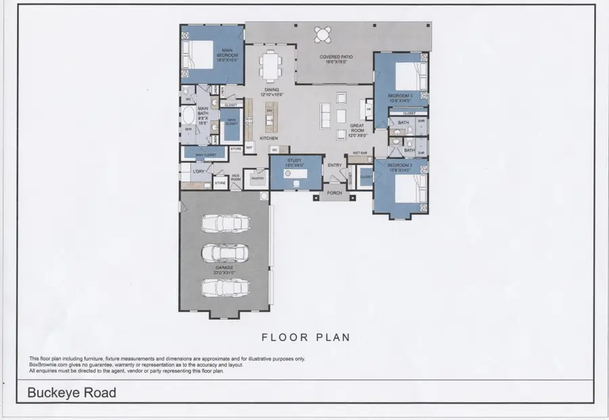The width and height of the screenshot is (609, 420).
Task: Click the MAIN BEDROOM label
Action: point(226,55)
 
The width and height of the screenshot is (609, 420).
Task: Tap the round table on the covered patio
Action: point(323,34)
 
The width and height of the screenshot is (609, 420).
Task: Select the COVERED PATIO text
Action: point(333,59)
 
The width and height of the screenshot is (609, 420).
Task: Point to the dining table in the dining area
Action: point(271,66)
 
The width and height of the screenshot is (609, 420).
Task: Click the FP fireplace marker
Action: point(369,109)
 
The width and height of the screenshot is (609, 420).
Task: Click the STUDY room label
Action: point(294,162)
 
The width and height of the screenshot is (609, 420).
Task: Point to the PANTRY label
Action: point(256,179)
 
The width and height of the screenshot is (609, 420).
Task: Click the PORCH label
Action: point(334,193)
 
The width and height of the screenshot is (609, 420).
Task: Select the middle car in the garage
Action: point(223,252)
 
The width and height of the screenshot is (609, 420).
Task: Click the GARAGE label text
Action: point(224,268)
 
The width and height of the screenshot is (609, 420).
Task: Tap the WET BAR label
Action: point(359,154)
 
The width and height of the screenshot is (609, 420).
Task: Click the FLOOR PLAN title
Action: point(305,336)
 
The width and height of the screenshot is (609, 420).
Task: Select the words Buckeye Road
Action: point(72,392)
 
